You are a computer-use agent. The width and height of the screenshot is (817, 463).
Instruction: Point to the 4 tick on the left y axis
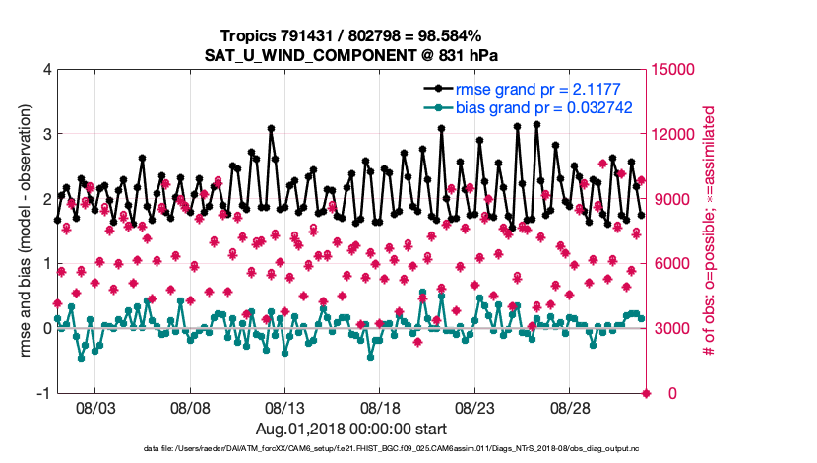[47, 70]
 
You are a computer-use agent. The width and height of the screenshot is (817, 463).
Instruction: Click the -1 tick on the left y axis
[43, 393]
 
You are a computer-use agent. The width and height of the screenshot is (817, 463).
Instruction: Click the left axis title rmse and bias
[26, 231]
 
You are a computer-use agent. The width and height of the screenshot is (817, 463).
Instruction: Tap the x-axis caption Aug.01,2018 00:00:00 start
[351, 430]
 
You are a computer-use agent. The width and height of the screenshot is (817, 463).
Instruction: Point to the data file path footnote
[408, 450]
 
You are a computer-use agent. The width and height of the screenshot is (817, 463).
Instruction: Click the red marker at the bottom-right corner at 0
[647, 393]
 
